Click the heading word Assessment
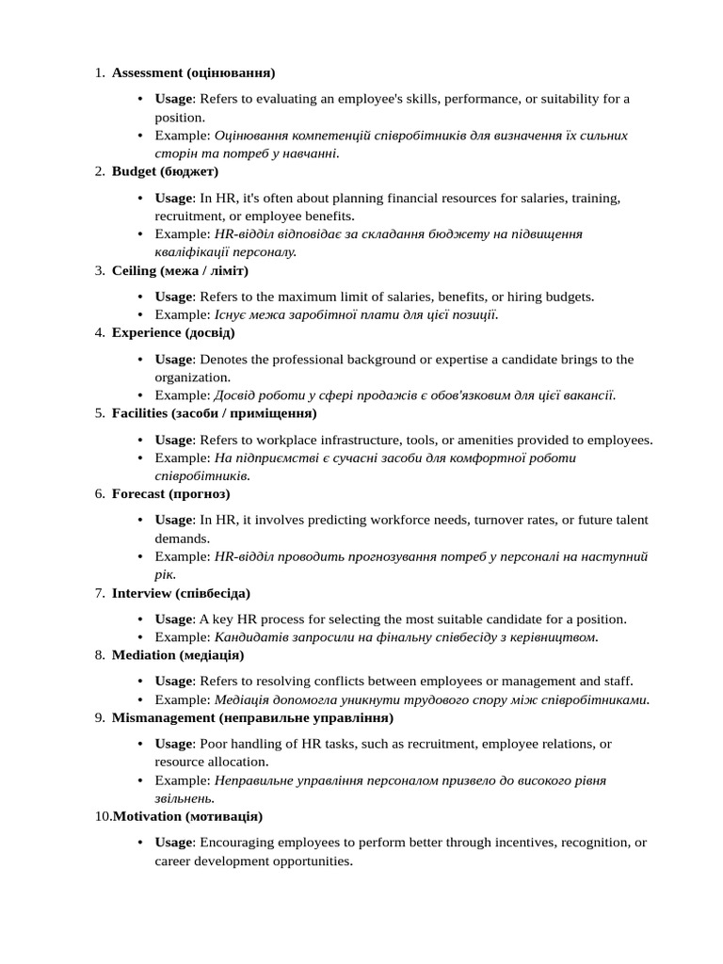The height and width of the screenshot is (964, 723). (147, 72)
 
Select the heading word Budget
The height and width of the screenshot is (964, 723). (134, 171)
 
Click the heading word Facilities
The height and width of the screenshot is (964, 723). (140, 413)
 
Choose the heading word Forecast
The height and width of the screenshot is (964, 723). (138, 493)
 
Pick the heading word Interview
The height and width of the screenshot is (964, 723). (141, 593)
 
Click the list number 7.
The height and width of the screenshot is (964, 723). (99, 593)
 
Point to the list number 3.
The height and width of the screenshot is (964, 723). (99, 270)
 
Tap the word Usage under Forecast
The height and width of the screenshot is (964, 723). (173, 520)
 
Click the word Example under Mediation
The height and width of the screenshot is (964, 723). (182, 699)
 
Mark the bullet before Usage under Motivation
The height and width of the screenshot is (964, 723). (140, 843)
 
